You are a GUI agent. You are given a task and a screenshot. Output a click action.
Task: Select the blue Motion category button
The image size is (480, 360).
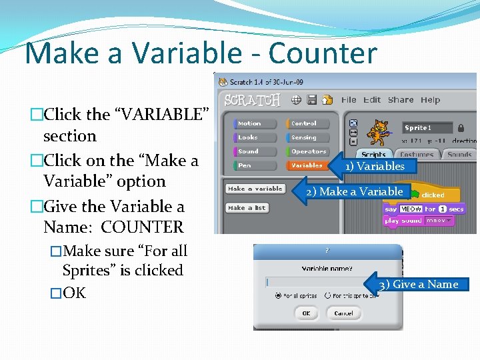coord(255,123)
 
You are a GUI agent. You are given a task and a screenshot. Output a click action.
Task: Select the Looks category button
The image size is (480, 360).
coord(255,137)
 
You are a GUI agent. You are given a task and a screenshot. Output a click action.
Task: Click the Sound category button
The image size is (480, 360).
coord(255,151)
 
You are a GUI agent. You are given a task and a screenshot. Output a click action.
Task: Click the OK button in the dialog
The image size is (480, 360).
coord(305,313)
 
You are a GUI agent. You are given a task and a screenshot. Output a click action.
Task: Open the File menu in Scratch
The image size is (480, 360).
coord(349,100)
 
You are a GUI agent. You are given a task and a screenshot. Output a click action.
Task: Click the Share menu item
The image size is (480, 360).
coord(401,100)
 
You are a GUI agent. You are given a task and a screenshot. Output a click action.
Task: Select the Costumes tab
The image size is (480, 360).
coord(417,155)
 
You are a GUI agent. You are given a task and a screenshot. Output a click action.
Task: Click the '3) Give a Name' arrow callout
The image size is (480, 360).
coord(417,285)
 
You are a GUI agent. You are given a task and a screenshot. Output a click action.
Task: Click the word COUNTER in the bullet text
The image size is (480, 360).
coord(142,227)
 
